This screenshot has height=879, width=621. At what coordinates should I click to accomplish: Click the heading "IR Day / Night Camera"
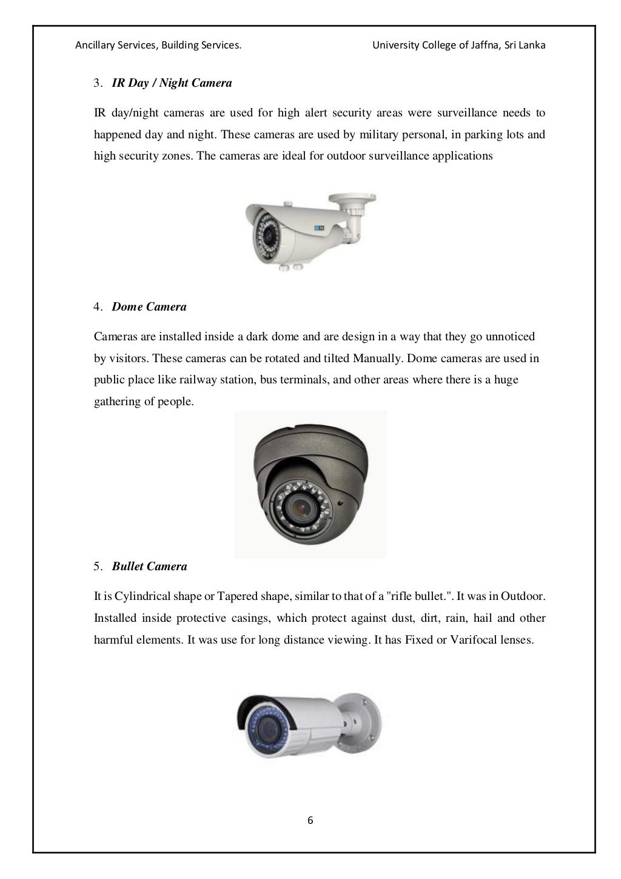172,83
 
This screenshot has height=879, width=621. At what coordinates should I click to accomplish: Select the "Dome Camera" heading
149,307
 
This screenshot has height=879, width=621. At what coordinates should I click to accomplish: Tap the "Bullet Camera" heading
149,567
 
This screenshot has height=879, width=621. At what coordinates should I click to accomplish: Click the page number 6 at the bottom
310,821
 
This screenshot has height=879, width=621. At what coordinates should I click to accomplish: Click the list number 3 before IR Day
97,83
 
